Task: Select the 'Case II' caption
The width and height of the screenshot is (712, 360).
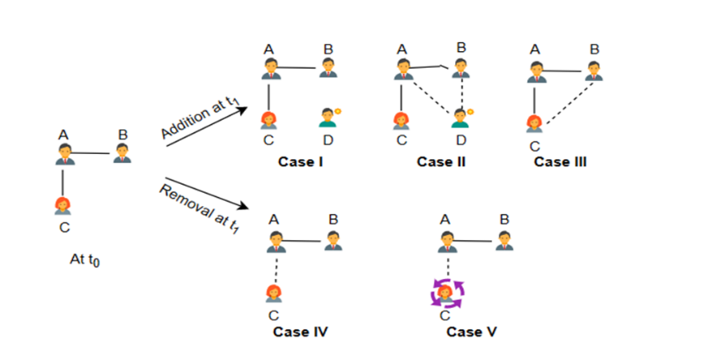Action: tap(439, 162)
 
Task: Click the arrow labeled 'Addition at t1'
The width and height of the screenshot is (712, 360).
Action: tap(207, 123)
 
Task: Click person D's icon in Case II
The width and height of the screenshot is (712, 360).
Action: tap(460, 117)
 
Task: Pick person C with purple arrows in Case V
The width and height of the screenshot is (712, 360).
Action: tap(447, 290)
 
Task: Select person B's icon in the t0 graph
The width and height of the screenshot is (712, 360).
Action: tap(123, 153)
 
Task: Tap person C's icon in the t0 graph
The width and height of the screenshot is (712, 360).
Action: tap(63, 206)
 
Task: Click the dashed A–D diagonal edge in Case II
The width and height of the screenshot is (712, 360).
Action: tap(431, 94)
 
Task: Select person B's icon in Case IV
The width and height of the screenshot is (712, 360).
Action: tap(334, 239)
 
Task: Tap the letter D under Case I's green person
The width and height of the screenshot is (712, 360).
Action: tap(327, 139)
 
